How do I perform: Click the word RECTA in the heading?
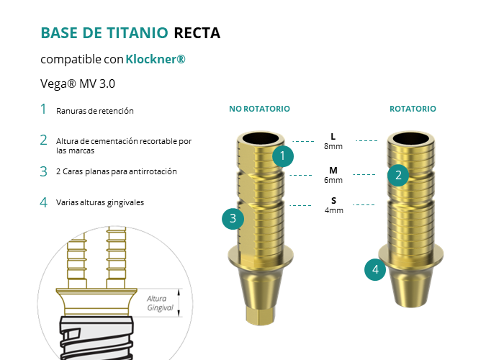click(197, 33)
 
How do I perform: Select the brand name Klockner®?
click(156, 59)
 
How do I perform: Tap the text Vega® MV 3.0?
click(78, 84)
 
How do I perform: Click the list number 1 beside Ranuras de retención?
click(43, 109)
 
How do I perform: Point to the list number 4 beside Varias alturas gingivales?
click(43, 202)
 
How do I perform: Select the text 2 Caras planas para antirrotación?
click(116, 171)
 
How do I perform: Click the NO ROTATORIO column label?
click(259, 109)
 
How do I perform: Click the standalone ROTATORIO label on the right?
click(413, 109)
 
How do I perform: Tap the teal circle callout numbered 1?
click(283, 155)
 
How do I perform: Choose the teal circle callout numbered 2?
click(397, 174)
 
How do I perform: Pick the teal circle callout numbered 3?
click(233, 218)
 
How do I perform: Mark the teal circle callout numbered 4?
click(374, 270)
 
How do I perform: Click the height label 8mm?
click(333, 146)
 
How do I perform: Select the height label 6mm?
click(333, 181)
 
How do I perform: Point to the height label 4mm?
click(333, 210)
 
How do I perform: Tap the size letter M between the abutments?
click(333, 171)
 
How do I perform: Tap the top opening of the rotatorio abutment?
click(412, 138)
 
